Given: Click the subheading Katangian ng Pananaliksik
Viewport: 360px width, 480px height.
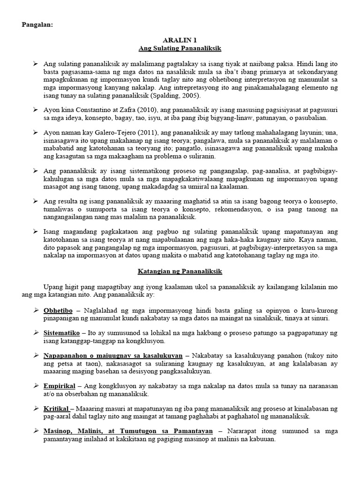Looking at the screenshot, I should (180, 271).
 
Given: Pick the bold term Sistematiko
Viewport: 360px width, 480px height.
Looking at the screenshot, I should (60, 332).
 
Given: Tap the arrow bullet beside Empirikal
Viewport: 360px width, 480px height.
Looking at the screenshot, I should (37, 385).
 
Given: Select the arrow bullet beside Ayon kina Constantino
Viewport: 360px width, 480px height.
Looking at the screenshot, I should (37, 109).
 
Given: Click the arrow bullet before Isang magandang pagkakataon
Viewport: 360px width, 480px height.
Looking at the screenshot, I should (37, 232).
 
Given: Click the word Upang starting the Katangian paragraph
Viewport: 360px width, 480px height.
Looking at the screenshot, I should (53, 286).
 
